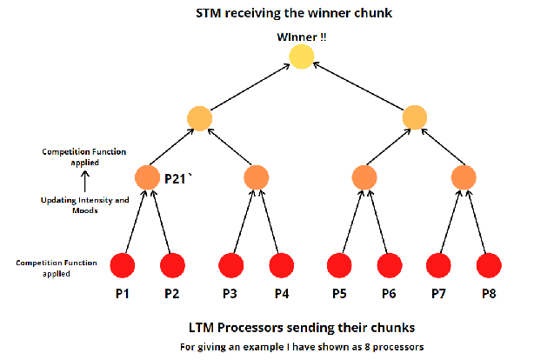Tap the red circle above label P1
pyautogui.click(x=123, y=263)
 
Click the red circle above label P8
pyautogui.click(x=490, y=263)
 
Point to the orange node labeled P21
pyautogui.click(x=148, y=177)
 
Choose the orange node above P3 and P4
pyautogui.click(x=255, y=177)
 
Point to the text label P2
pyautogui.click(x=172, y=293)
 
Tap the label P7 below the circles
pyautogui.click(x=440, y=293)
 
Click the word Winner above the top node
pyautogui.click(x=297, y=36)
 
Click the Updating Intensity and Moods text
pyautogui.click(x=84, y=205)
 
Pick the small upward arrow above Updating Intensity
pyautogui.click(x=84, y=182)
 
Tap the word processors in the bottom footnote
pyautogui.click(x=396, y=348)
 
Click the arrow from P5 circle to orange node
pyautogui.click(x=349, y=221)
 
